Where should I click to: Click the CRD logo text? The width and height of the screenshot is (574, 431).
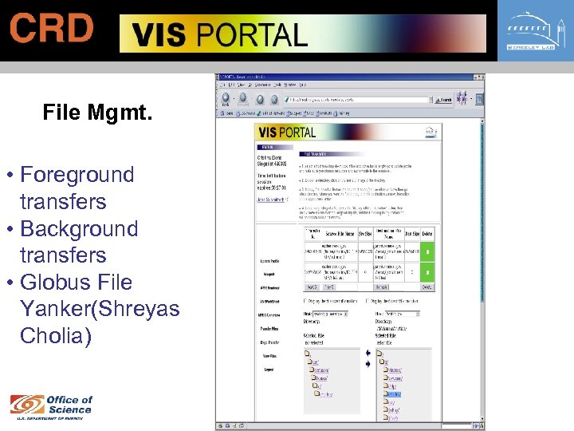pyautogui.click(x=52, y=29)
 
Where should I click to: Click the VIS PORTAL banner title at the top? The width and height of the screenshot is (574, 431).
pyautogui.click(x=219, y=34)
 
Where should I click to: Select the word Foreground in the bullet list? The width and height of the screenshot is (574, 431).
pyautogui.click(x=77, y=175)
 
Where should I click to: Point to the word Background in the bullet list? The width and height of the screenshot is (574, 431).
pyautogui.click(x=79, y=228)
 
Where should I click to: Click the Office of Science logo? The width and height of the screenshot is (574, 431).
pyautogui.click(x=51, y=405)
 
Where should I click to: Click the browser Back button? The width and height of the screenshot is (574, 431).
pyautogui.click(x=226, y=100)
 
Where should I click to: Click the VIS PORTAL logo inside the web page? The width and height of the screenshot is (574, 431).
pyautogui.click(x=286, y=132)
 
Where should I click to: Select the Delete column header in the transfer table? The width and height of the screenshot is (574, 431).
pyautogui.click(x=427, y=234)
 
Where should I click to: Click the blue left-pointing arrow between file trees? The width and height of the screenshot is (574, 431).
pyautogui.click(x=368, y=354)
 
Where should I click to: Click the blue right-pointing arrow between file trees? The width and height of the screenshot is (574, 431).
pyautogui.click(x=368, y=363)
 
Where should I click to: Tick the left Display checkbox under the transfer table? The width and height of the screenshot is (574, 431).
pyautogui.click(x=307, y=302)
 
